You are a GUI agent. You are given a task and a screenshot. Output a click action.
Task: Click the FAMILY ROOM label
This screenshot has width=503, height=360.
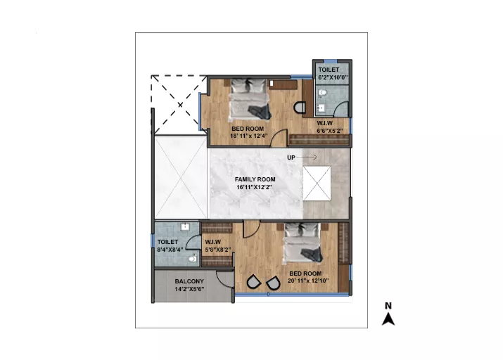click(x=255, y=179)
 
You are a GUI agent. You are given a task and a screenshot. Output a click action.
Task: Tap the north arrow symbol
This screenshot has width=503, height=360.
click(x=388, y=319)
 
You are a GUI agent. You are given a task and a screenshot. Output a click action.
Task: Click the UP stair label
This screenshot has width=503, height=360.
click(x=291, y=157)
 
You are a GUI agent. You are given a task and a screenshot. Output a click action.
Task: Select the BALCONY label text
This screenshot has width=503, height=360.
click(x=189, y=281)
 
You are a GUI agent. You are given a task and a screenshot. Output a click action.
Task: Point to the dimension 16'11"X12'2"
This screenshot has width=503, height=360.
click(x=255, y=187)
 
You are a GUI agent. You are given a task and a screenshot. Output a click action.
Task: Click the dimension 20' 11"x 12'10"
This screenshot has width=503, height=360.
click(x=308, y=281)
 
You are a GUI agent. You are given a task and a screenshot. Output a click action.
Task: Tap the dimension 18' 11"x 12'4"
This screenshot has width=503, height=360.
click(x=248, y=136)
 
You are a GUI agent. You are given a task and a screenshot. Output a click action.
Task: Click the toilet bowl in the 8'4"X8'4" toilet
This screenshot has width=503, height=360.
click(x=193, y=258)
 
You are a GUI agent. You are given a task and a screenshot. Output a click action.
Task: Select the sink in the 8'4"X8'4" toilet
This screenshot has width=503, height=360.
click(x=185, y=227)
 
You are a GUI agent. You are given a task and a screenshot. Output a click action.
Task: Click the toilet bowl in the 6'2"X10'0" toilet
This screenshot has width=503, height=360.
click(x=322, y=93)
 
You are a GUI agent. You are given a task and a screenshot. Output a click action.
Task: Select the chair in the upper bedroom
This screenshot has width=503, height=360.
click(x=300, y=108)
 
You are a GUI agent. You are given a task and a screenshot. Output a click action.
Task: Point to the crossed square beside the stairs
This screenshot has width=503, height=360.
click(x=317, y=184)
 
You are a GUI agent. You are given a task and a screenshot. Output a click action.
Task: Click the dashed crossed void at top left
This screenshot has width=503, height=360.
click(x=179, y=105)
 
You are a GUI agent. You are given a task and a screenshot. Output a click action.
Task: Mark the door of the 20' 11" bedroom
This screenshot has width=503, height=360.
click(x=251, y=229)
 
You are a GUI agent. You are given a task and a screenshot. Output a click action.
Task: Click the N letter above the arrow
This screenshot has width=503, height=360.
click(x=388, y=306)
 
